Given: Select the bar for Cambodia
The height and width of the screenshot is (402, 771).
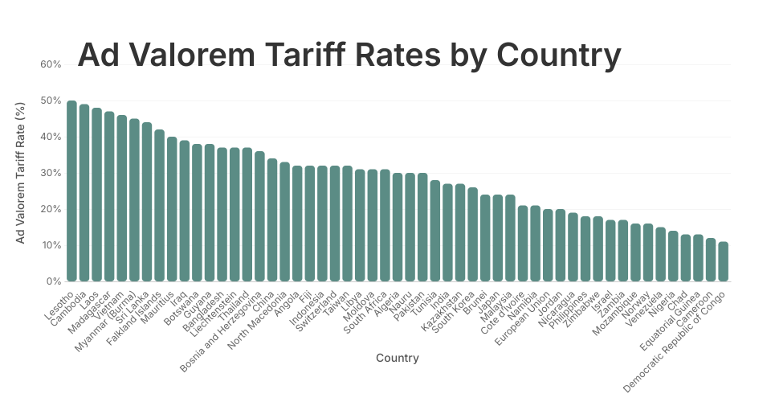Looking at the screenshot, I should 84,193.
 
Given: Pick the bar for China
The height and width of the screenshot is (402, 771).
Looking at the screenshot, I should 272,220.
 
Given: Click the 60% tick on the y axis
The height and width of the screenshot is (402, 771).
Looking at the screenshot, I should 51,64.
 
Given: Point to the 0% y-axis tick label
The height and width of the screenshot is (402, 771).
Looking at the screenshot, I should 53,281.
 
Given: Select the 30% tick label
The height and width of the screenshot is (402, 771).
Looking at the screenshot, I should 51,173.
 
